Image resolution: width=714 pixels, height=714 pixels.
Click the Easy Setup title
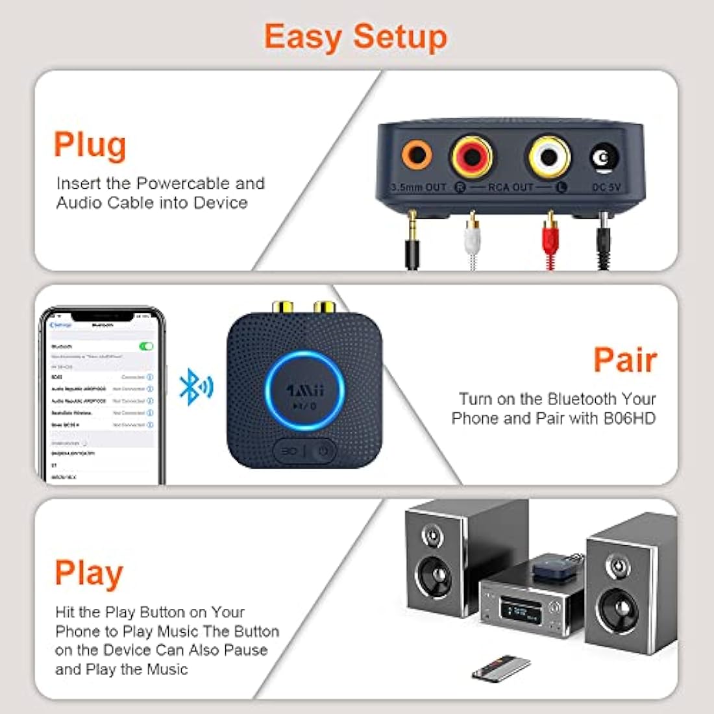coord(356,37)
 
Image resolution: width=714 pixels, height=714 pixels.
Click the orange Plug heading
coord(90,145)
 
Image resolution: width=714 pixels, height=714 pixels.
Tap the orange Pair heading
coord(625,360)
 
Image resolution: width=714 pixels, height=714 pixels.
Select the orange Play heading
coord(89,573)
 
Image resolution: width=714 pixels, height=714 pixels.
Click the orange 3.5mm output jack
coord(416,156)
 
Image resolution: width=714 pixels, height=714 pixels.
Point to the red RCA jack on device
coord(473,156)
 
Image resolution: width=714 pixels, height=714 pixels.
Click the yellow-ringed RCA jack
coord(549,156)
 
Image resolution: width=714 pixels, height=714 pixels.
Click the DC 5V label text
coord(606,188)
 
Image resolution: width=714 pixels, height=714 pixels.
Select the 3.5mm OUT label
coord(419,188)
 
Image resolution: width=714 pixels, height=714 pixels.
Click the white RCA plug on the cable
coord(472,237)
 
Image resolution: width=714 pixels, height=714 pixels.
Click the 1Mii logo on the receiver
coord(304,391)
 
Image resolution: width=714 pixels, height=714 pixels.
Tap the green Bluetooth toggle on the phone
coord(146,347)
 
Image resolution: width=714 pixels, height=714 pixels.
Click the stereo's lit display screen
coord(519,611)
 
